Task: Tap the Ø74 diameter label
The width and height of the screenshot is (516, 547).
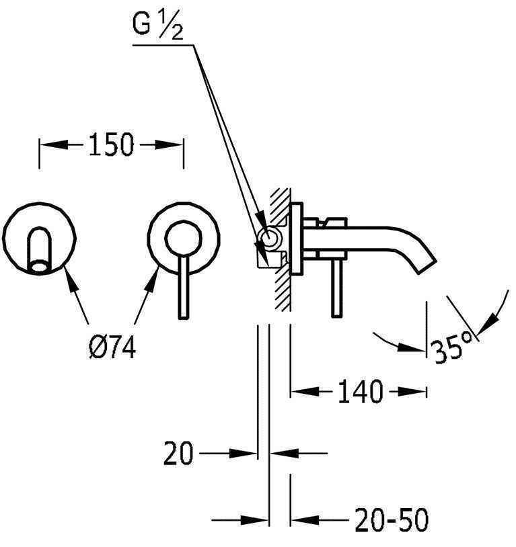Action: pyautogui.click(x=112, y=348)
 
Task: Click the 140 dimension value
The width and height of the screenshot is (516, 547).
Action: pyautogui.click(x=360, y=392)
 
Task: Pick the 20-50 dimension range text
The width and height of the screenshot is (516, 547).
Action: pyautogui.click(x=390, y=520)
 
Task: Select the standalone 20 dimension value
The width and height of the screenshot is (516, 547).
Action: pyautogui.click(x=179, y=454)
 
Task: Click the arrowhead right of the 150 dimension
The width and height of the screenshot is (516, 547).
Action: pyautogui.click(x=171, y=144)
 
